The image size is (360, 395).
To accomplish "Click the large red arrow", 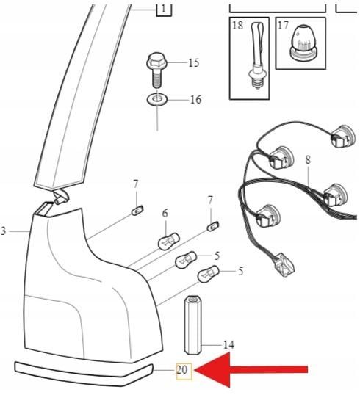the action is [251, 369].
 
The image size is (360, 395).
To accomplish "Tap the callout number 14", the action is [228, 344].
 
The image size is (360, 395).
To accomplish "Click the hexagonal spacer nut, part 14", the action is [192, 325].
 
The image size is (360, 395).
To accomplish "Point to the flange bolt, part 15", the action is [156, 69].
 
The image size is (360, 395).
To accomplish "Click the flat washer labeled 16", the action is [157, 101].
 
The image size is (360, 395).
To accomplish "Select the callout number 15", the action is [194, 62].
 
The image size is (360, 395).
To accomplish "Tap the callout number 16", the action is [195, 100].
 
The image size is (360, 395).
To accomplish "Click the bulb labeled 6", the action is [169, 241].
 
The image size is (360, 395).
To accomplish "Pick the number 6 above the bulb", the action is [165, 214].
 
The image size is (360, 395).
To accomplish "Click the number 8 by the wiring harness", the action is [308, 160].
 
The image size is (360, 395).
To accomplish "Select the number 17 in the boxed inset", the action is [283, 26].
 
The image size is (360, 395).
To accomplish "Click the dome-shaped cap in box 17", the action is [303, 44].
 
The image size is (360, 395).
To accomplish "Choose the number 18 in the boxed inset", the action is [237, 26].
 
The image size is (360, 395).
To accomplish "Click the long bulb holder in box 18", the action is [256, 55].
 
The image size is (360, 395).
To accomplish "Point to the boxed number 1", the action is [164, 9].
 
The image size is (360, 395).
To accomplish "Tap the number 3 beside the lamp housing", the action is [3, 231].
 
